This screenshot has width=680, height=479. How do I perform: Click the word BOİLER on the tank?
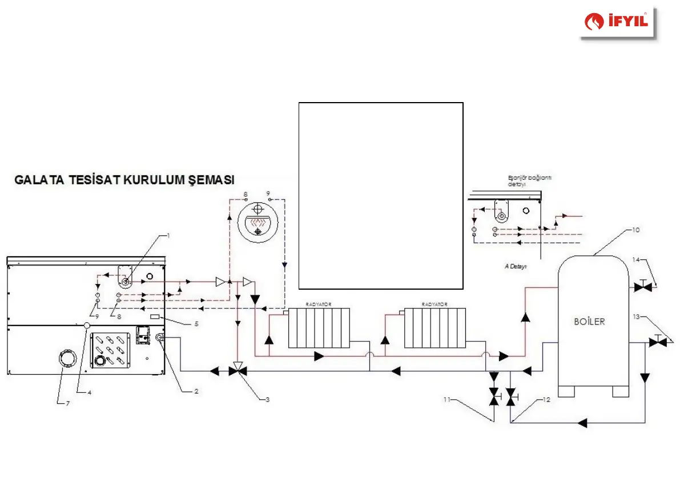click(589, 322)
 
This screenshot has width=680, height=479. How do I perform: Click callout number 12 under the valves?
click(546, 399)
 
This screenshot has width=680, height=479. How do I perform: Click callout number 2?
click(196, 391)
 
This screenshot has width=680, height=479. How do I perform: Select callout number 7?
click(68, 403)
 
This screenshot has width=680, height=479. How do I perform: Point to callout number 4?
click(89, 392)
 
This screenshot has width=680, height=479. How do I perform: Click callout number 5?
click(196, 323)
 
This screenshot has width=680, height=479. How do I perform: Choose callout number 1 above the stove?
click(168, 234)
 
